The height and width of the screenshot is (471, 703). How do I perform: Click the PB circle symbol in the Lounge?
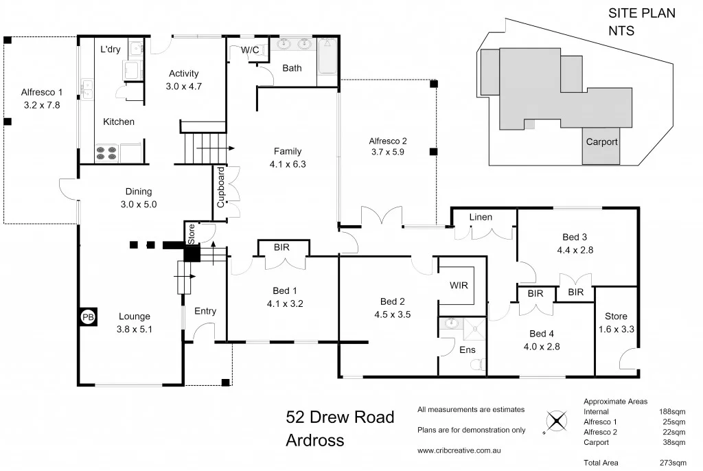tap(87, 317)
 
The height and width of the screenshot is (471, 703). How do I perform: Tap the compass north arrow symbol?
tap(555, 421)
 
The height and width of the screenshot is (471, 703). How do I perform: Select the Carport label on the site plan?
tap(601, 142)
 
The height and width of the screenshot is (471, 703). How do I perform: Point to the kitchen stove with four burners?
tap(106, 152)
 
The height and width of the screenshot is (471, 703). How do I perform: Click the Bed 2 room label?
tap(393, 301)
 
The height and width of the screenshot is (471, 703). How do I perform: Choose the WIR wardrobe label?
tap(459, 285)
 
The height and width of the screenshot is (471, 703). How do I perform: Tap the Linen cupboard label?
tap(481, 217)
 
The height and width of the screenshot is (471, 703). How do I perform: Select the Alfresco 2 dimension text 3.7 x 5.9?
tap(388, 152)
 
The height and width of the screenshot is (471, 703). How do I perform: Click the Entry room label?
tap(205, 311)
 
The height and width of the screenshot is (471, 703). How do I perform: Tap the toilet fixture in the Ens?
tap(481, 363)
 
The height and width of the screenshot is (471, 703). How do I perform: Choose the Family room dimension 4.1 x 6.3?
tap(287, 164)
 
